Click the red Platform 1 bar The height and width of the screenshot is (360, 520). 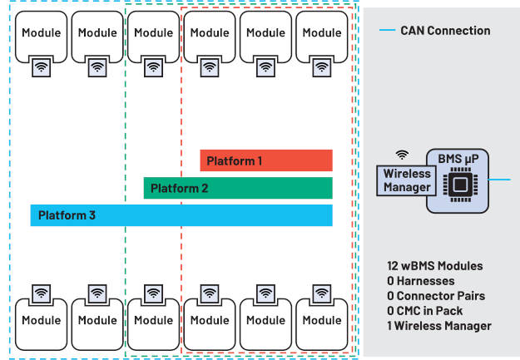coord(265,160)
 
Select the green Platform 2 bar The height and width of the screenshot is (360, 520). coord(237,188)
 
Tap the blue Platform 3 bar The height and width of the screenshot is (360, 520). coord(181,215)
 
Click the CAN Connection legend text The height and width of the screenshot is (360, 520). coord(445,31)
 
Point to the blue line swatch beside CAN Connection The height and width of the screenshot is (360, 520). coord(386,31)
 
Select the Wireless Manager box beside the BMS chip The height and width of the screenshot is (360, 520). coord(407,181)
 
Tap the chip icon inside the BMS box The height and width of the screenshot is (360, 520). coord(458,184)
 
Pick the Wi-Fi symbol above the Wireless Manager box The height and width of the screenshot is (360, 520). coord(402,155)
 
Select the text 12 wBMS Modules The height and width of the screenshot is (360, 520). coord(434,266)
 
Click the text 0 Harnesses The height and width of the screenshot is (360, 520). coord(421,281)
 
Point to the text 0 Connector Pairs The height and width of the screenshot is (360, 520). coord(435,296)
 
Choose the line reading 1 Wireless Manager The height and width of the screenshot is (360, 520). coord(439,326)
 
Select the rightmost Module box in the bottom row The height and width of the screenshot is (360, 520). coord(321,321)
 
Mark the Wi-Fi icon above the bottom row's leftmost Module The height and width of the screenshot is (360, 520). coord(42,293)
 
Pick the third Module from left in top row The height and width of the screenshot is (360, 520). coord(153,34)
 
